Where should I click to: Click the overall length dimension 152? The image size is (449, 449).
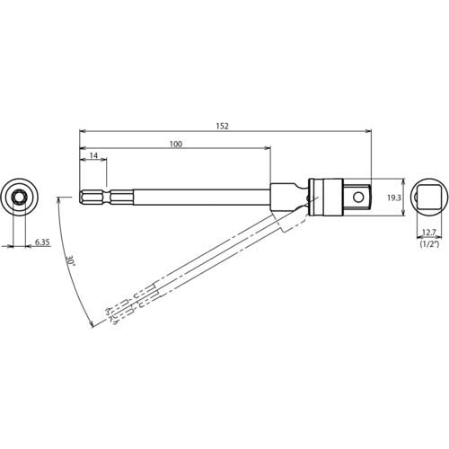tap(223, 127)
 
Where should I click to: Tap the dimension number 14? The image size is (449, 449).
tap(93, 157)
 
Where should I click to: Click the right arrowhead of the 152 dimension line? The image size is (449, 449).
tap(368, 132)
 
